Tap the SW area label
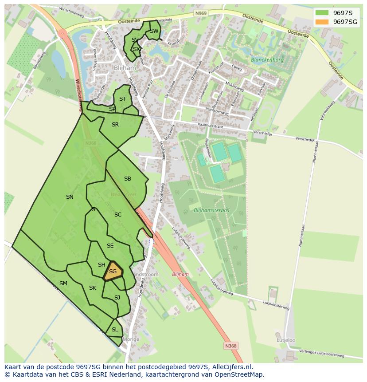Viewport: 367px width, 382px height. [x=154, y=31]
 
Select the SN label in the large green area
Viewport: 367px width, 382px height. [x=70, y=197]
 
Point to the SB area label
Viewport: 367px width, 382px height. [x=128, y=179]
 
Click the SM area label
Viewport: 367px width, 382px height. [x=63, y=284]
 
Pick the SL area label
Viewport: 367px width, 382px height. [x=115, y=330]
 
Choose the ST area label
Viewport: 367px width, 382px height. [x=123, y=99]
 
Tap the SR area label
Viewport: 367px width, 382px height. [x=115, y=125]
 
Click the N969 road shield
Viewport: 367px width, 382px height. [x=201, y=14]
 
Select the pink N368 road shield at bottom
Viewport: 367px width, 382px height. [x=230, y=346]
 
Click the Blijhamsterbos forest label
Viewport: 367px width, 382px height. [x=211, y=210]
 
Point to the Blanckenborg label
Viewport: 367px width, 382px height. [x=267, y=59]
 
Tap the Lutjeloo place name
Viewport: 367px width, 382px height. [x=286, y=340]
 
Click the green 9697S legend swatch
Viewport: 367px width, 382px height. [x=322, y=12]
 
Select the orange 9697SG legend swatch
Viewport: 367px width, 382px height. [x=322, y=22]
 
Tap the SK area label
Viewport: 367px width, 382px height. [x=93, y=288]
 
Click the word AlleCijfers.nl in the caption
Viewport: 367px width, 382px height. [x=232, y=367]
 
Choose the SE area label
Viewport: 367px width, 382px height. [x=110, y=246]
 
